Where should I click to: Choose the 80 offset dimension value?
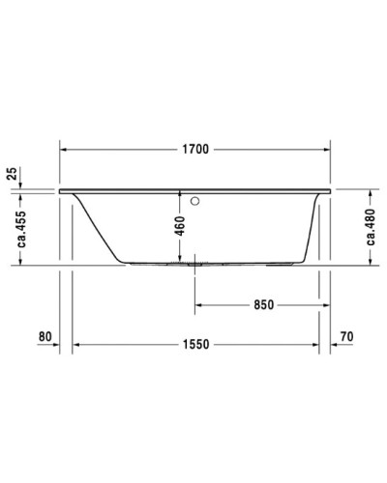pos(44,337)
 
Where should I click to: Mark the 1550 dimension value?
pos(195,345)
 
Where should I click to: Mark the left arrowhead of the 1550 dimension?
pos(79,345)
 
